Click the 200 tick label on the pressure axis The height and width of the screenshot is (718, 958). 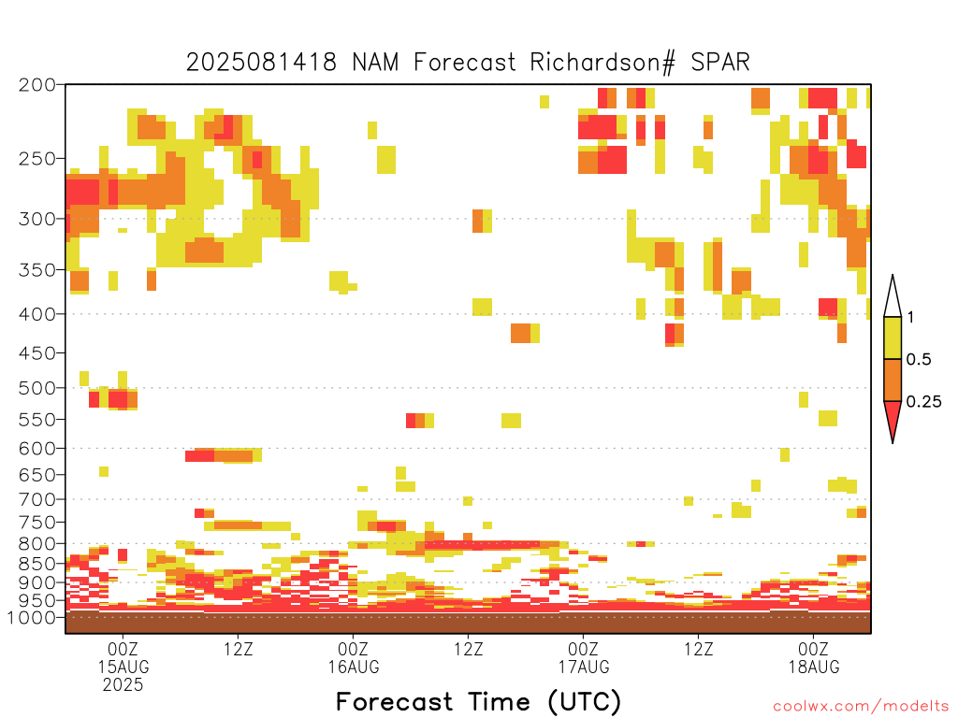click(37, 85)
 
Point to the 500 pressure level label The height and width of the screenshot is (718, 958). click(37, 388)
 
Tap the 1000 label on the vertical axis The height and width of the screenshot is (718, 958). click(32, 617)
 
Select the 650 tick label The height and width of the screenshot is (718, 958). click(37, 474)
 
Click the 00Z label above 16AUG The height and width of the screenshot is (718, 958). click(353, 649)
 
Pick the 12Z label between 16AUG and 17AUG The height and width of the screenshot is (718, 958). click(469, 649)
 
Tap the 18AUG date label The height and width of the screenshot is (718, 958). click(814, 667)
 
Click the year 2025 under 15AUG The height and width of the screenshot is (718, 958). click(123, 684)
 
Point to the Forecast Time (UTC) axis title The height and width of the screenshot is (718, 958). click(478, 702)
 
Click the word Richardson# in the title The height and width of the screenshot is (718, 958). click(602, 63)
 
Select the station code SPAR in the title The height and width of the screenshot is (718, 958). click(720, 63)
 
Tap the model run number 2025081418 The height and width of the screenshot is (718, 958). click(262, 63)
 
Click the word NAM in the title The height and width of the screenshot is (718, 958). click(376, 63)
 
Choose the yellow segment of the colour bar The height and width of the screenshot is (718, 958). click(893, 337)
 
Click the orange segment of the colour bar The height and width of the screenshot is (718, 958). click(893, 380)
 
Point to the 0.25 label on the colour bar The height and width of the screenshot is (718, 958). click(923, 402)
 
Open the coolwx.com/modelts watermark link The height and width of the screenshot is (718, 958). click(862, 707)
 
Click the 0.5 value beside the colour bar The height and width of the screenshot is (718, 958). click(919, 360)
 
